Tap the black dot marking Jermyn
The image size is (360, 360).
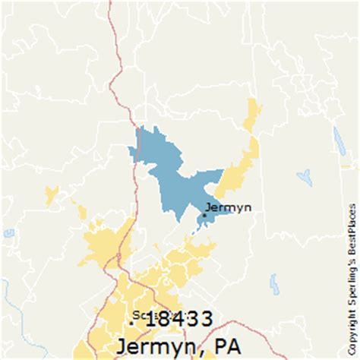pos(204,215)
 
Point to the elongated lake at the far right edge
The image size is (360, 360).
pos(339,141)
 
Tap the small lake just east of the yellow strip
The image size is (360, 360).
pos(305,178)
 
